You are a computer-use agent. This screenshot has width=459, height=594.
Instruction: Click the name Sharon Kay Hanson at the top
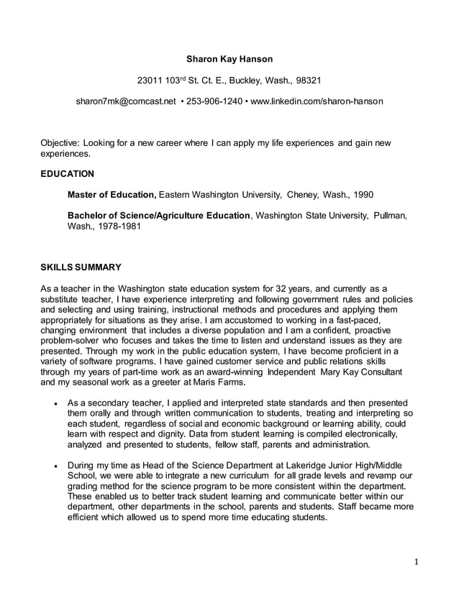click(x=229, y=58)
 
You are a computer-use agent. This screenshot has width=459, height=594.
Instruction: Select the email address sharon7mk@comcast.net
click(x=126, y=101)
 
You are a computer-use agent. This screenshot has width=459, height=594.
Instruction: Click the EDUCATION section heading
click(x=67, y=173)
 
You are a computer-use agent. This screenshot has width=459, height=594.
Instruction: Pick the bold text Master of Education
click(x=112, y=194)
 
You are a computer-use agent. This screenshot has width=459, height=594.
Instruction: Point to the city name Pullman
click(x=389, y=215)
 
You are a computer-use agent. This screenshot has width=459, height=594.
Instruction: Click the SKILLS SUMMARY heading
click(x=81, y=267)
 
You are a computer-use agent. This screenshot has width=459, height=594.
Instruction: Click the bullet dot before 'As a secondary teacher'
click(x=55, y=404)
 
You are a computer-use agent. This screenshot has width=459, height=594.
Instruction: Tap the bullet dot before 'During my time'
click(x=55, y=466)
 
